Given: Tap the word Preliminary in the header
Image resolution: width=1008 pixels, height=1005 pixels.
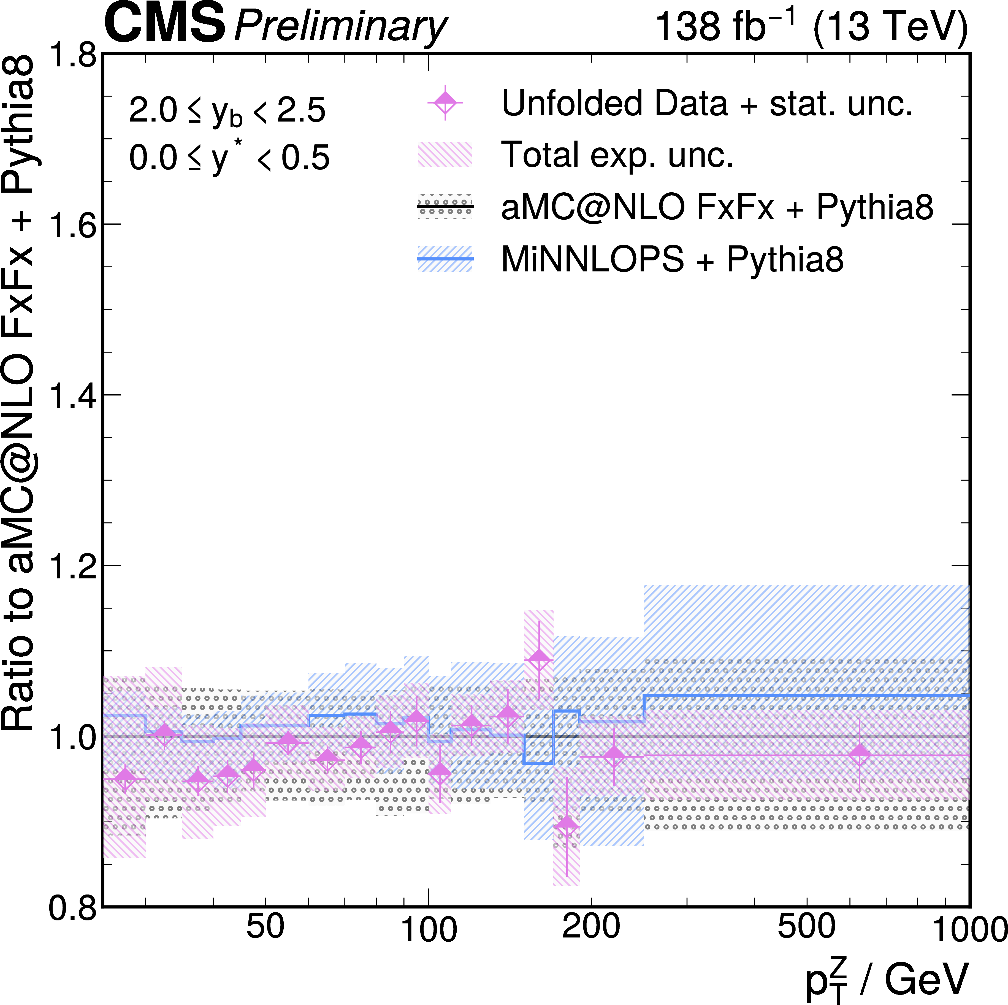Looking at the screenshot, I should tap(340, 26).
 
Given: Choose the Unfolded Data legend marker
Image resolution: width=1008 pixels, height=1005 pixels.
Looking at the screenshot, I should tap(445, 102).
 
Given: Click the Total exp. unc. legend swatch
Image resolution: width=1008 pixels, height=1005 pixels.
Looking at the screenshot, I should tap(445, 155).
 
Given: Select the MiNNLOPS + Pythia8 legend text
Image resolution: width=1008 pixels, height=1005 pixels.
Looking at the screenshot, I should tap(672, 259).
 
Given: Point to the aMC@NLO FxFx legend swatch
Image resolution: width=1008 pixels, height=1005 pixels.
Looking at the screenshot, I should tap(445, 207).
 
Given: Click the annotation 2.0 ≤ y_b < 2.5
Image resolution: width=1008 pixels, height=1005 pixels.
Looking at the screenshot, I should tap(227, 111).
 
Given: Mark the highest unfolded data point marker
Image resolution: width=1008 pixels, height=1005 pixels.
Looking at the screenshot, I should tap(539, 658).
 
